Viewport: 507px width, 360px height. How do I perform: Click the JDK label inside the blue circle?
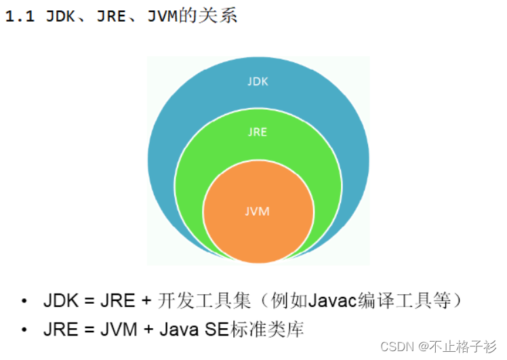(x=258, y=82)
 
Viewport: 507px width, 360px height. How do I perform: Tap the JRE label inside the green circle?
(x=258, y=132)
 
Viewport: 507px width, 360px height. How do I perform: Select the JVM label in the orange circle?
(x=258, y=212)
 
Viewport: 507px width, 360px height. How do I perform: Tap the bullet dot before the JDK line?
(x=24, y=301)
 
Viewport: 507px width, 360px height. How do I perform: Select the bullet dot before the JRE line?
(x=24, y=331)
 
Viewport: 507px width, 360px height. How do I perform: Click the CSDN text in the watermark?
(x=397, y=346)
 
